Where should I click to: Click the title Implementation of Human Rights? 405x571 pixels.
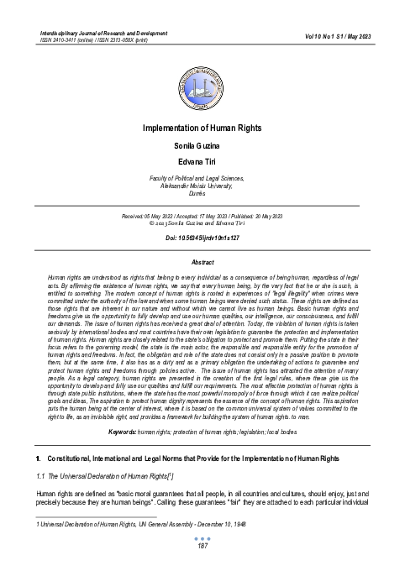[202, 128]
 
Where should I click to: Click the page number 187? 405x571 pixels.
[202, 547]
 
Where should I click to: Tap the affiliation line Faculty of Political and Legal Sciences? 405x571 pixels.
[202, 179]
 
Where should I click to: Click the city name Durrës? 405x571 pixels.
[202, 192]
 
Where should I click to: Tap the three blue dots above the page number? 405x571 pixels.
[202, 538]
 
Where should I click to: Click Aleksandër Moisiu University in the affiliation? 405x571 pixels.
[202, 186]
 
